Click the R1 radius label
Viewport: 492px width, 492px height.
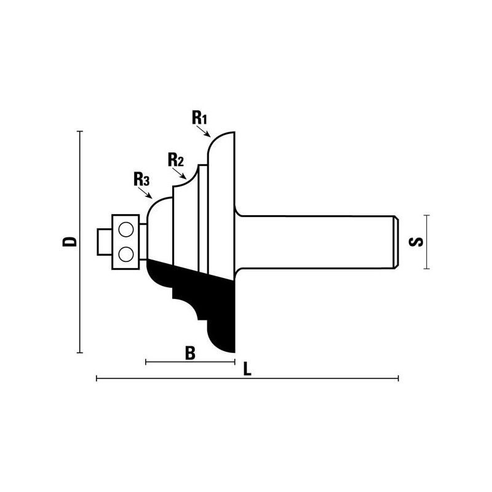[x=200, y=117]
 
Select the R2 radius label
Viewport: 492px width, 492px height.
[x=176, y=159]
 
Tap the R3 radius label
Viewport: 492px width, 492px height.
[x=141, y=179]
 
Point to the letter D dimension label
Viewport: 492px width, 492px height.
[x=69, y=242]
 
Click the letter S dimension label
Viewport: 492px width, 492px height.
[x=416, y=242]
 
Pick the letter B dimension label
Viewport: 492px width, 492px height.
[x=190, y=353]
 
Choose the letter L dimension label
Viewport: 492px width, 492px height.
[x=248, y=369]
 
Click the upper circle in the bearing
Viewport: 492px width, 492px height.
[x=126, y=229]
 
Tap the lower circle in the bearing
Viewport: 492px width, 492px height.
[x=126, y=253]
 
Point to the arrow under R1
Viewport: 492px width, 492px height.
[x=203, y=131]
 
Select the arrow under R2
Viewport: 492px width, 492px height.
[x=180, y=173]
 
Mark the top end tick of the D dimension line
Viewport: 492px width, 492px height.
[x=80, y=131]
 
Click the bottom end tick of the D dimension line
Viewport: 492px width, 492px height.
[x=80, y=352]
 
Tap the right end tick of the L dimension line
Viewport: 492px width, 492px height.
[x=398, y=378]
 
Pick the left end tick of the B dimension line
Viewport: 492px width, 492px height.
[x=146, y=362]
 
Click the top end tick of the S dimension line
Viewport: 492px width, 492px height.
[x=426, y=215]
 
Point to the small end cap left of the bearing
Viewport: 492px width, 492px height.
[x=105, y=242]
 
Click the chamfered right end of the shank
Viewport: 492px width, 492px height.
[x=396, y=242]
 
